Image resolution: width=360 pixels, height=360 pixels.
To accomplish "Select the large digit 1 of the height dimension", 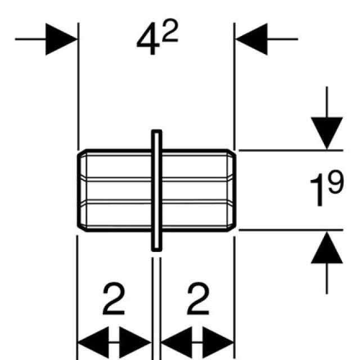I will tap(316, 191).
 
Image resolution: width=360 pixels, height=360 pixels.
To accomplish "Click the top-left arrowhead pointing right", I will tap(61, 39).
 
